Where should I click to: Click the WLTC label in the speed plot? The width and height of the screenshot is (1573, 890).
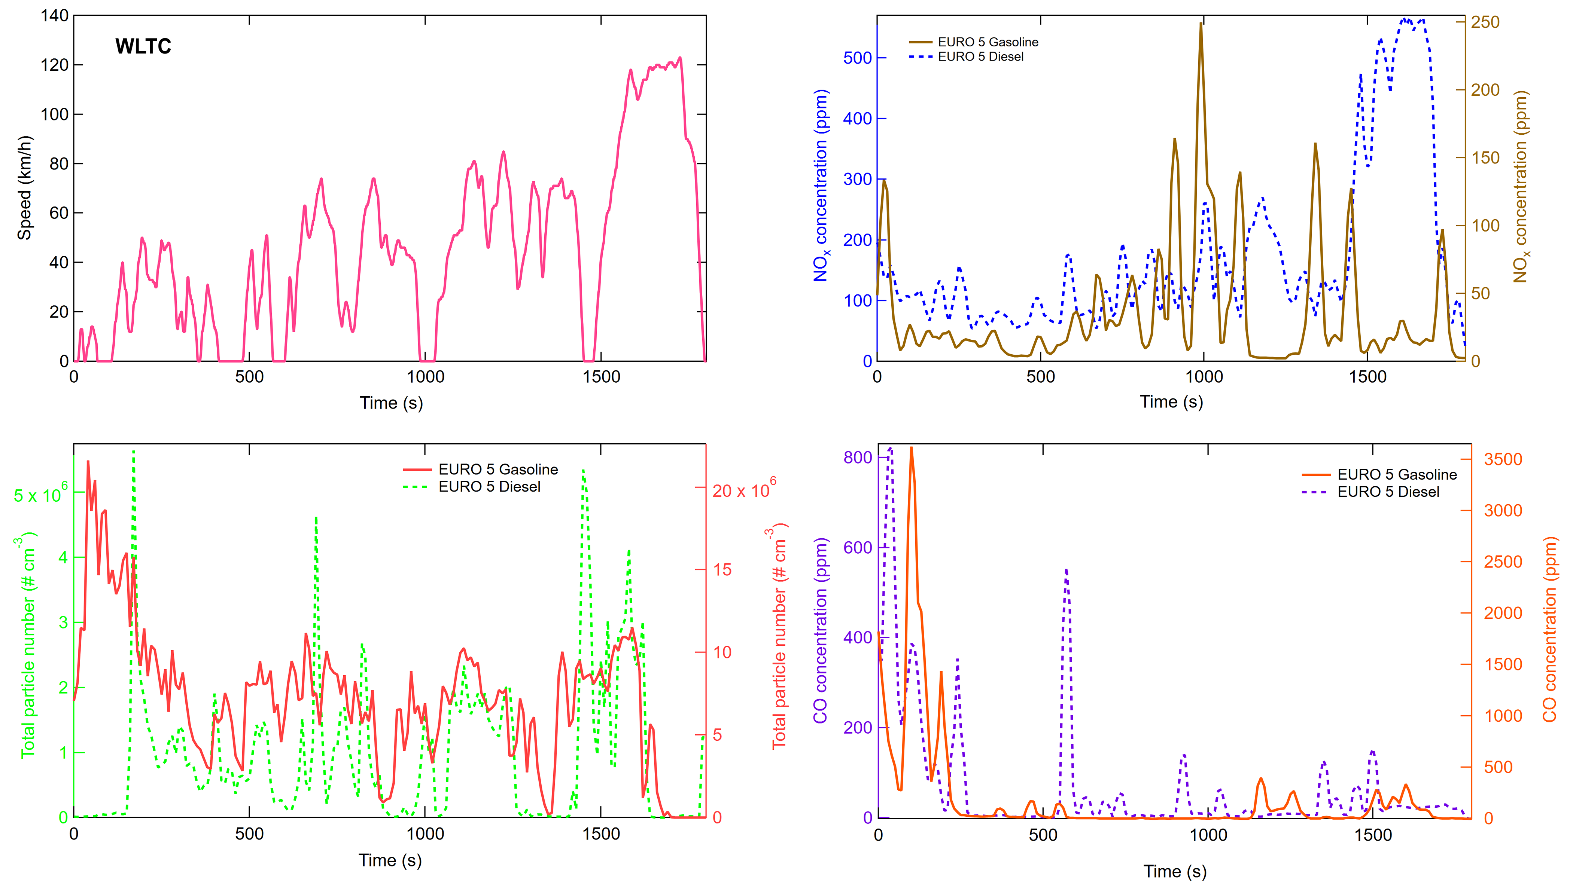click(143, 46)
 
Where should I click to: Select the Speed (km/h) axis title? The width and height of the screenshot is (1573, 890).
click(24, 188)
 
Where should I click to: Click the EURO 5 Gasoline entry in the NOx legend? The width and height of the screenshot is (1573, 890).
click(987, 42)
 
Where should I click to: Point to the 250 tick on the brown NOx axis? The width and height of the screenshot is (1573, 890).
click(1485, 22)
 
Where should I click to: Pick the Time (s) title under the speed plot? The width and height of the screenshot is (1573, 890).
click(391, 403)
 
